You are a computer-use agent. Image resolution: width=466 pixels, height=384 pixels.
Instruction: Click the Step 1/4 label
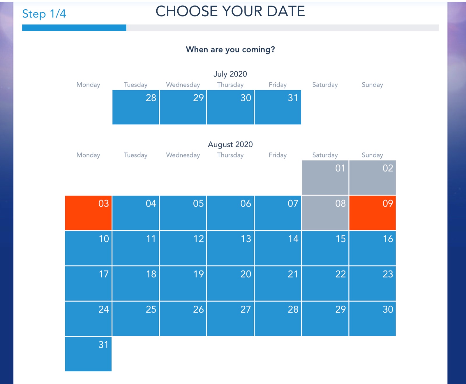pos(44,14)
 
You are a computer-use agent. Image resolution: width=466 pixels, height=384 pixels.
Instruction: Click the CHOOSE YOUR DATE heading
pos(230,11)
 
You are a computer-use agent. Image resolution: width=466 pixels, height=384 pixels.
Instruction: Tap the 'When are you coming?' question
pos(230,49)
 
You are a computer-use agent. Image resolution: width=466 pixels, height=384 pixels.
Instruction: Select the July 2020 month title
pos(230,74)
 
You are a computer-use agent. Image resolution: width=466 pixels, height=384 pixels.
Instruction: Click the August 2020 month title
pos(230,144)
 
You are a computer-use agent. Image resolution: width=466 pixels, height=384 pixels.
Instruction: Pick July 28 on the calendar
pos(136,107)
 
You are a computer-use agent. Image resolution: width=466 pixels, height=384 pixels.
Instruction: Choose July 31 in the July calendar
pos(278,107)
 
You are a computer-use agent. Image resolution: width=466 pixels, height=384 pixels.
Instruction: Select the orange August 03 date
pos(88,213)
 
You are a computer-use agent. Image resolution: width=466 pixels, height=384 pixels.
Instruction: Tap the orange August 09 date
pos(373,213)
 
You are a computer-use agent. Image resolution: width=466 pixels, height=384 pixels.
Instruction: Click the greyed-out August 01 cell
pos(325,178)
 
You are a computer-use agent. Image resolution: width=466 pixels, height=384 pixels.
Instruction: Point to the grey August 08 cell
pos(325,213)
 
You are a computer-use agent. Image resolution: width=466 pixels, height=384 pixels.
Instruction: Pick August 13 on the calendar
pos(230,248)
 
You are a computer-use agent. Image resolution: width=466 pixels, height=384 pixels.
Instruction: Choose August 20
pos(230,283)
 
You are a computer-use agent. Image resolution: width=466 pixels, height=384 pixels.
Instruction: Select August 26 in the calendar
pos(183,318)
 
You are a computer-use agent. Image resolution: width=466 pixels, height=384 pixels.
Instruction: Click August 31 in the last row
pos(88,354)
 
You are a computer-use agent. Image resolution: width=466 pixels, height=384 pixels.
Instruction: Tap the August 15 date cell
pos(325,248)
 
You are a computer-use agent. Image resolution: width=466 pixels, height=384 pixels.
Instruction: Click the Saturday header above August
pos(325,155)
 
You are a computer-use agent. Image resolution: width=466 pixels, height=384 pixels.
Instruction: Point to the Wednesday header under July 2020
pos(183,85)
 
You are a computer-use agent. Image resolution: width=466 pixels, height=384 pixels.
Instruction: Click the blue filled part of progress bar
pos(74,28)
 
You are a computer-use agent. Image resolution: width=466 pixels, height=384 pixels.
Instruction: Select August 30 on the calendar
pos(373,318)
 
